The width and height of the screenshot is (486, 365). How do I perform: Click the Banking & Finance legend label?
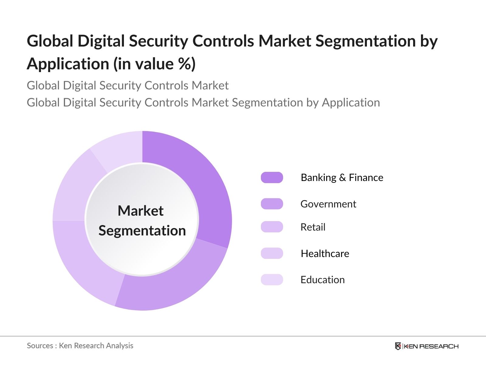(342, 178)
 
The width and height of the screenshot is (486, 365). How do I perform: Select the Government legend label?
(328, 204)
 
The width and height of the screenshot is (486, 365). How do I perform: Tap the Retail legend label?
(313, 227)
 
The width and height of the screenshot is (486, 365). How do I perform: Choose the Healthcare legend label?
(325, 253)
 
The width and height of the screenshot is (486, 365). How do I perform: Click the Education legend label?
(322, 280)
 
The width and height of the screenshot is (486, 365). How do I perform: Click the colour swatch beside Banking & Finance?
(272, 178)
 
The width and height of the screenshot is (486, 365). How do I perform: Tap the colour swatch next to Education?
(272, 280)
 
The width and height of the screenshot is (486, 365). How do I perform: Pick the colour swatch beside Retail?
(272, 227)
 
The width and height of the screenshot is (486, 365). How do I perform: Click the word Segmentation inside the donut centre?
(142, 231)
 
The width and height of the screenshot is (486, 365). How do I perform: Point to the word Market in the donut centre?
(141, 210)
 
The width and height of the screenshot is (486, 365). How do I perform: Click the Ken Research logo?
(426, 346)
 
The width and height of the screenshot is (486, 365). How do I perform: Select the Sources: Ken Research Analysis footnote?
(80, 346)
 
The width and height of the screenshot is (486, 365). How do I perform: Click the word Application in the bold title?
(68, 64)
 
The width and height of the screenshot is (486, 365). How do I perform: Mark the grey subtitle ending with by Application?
(203, 103)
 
